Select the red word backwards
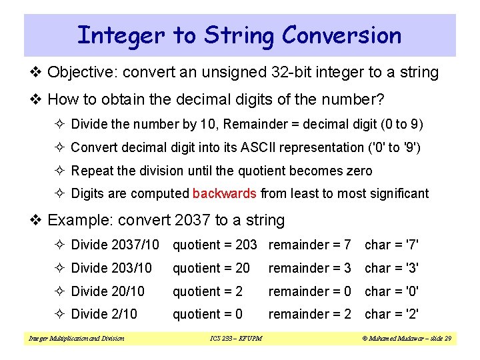[x=224, y=194]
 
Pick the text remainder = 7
[x=309, y=245]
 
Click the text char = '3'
[x=391, y=268]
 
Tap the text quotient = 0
[x=207, y=314]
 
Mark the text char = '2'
[x=391, y=314]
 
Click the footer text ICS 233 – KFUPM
[x=232, y=339]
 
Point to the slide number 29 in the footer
[x=447, y=339]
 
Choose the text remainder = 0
[x=309, y=291]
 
